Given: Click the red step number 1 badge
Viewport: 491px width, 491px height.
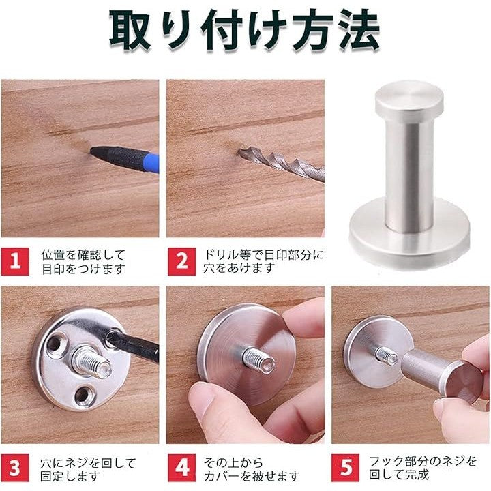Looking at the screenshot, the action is coord(15,261).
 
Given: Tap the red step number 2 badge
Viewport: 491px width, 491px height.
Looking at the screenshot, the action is coord(181,261).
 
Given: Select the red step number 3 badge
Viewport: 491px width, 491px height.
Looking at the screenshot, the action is coord(15,468).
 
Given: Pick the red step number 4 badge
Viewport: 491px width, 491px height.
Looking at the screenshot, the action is coord(181,468).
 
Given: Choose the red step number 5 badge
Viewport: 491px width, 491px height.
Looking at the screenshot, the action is coord(345,468).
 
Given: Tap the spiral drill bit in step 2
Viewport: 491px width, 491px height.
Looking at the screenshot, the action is coord(281,164).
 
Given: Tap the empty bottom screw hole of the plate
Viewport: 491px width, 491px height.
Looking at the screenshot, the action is coord(83,396).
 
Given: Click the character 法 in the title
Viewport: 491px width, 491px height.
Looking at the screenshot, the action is coord(357,30).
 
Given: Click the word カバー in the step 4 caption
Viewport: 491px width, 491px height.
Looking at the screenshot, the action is coord(222,476).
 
